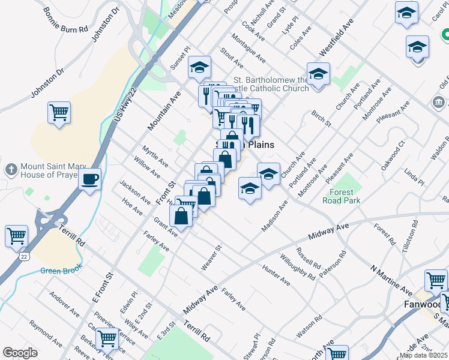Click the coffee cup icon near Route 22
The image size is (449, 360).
coord(89,179)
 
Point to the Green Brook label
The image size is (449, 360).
coord(61,271)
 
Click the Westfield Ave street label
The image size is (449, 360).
coord(334,39)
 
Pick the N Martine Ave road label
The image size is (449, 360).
coord(391,277)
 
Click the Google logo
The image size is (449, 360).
coord(20,353)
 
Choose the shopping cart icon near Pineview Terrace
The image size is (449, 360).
coord(107,338)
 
